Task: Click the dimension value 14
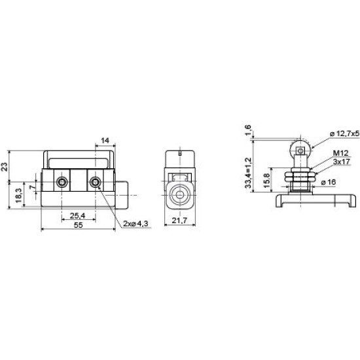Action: [x=105, y=141]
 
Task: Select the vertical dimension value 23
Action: [x=5, y=166]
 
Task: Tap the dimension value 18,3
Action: [x=19, y=196]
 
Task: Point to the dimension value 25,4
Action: [x=78, y=215]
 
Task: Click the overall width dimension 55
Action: [x=78, y=225]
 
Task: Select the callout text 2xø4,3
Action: [x=135, y=223]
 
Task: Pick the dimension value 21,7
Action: [x=179, y=221]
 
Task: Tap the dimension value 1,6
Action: [x=248, y=130]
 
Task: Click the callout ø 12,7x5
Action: [x=344, y=134]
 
